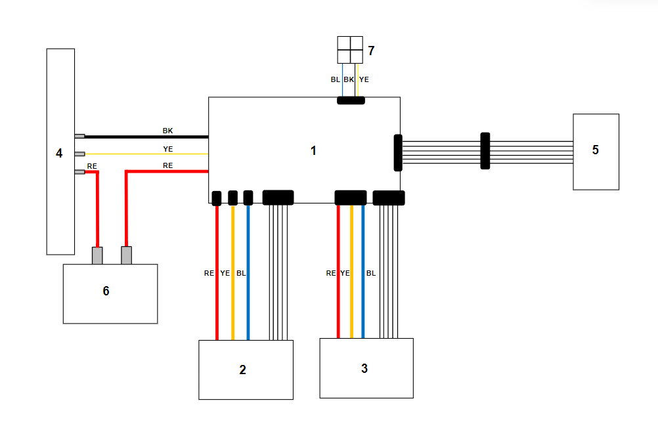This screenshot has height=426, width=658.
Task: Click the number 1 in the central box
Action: point(313,150)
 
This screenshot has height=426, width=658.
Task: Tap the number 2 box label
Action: point(242,370)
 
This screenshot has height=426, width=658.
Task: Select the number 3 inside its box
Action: point(364,368)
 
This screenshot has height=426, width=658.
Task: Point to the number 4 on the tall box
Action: point(59,153)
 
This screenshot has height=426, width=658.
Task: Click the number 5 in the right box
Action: point(595,150)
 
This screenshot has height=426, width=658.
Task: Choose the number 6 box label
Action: point(106,291)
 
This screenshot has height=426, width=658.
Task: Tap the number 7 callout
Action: point(371,51)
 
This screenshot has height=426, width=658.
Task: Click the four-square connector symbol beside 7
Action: point(350,50)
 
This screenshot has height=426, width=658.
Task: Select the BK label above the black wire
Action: point(167,131)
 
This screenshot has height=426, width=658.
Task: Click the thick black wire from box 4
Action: point(144,137)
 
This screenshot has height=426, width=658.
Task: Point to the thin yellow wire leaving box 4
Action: point(144,154)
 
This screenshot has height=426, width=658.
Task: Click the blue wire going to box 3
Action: point(363,295)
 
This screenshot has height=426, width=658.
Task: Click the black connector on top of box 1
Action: point(351,100)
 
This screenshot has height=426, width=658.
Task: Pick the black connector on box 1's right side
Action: point(397,152)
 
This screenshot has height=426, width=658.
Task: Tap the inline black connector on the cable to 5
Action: point(485,151)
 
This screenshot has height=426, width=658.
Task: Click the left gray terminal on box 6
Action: point(97,255)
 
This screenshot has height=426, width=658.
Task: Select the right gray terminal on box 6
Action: point(127,255)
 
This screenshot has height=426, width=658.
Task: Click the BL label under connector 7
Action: point(336,79)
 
